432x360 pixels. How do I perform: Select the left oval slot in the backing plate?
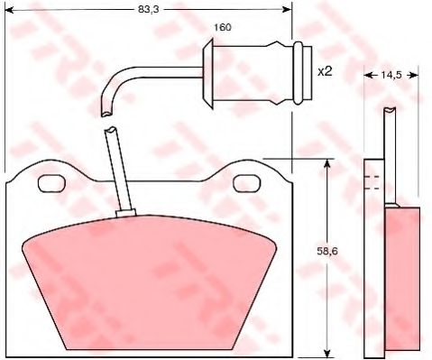[51, 184]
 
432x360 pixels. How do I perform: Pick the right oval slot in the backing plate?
[245, 184]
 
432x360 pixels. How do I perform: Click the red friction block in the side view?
[402, 280]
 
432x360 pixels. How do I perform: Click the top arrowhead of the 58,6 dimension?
[326, 163]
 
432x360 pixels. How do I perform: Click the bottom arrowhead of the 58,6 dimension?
[326, 353]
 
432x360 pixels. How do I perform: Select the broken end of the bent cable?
[107, 114]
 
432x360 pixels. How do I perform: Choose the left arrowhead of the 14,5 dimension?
[367, 78]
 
